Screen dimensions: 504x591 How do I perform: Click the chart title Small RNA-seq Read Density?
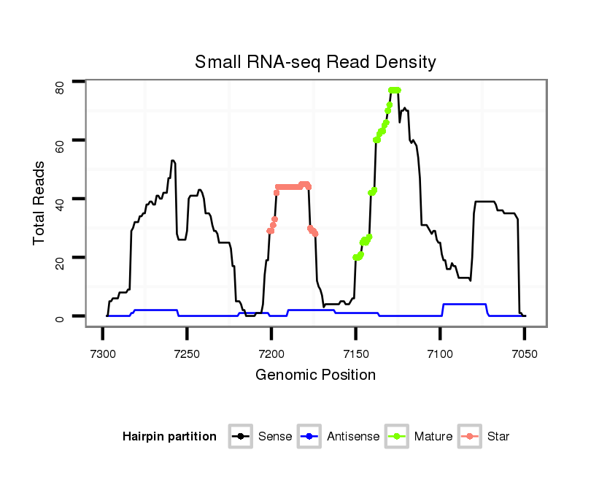(315, 62)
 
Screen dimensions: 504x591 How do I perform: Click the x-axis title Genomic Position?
(315, 375)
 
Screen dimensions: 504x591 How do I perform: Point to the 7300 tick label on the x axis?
(102, 354)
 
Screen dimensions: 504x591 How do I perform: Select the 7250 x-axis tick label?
(187, 354)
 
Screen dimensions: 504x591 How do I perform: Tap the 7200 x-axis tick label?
(271, 354)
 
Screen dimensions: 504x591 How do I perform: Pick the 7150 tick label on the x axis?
(355, 354)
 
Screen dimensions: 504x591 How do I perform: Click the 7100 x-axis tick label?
(440, 354)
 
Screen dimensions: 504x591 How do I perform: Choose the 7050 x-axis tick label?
(525, 354)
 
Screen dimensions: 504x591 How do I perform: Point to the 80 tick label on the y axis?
(61, 88)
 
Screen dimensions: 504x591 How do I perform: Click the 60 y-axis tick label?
(61, 140)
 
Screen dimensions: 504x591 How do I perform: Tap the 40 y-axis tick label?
(61, 199)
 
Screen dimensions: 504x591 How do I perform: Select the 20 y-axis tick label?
(61, 258)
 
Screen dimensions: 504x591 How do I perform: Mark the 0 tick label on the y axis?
(61, 317)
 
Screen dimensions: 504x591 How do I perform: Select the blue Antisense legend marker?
(309, 437)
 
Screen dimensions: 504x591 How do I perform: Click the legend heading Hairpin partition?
(169, 437)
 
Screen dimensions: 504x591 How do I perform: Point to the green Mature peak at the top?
(395, 90)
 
